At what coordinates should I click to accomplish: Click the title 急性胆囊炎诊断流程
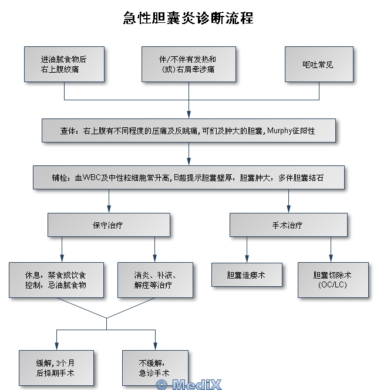[188, 18]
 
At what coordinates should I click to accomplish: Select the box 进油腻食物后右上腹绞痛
[64, 65]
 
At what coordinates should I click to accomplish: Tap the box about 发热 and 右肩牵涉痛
[188, 65]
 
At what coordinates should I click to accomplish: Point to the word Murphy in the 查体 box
[280, 131]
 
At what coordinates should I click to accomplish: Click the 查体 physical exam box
[188, 131]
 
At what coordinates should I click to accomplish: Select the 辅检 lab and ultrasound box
[188, 178]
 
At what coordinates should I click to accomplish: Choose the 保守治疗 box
[109, 225]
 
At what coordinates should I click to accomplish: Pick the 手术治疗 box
[288, 225]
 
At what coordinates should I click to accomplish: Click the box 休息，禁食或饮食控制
[56, 280]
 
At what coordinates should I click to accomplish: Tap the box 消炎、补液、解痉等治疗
[155, 280]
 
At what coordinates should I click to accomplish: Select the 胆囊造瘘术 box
[246, 274]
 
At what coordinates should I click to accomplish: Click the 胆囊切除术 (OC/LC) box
[331, 280]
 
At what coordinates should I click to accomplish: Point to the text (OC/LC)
[331, 285]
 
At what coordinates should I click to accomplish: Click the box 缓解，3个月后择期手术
[56, 368]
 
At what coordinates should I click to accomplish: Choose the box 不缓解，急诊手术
[155, 368]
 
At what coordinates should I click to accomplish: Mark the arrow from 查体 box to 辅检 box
[188, 154]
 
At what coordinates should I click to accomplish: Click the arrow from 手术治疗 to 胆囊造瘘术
[247, 250]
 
